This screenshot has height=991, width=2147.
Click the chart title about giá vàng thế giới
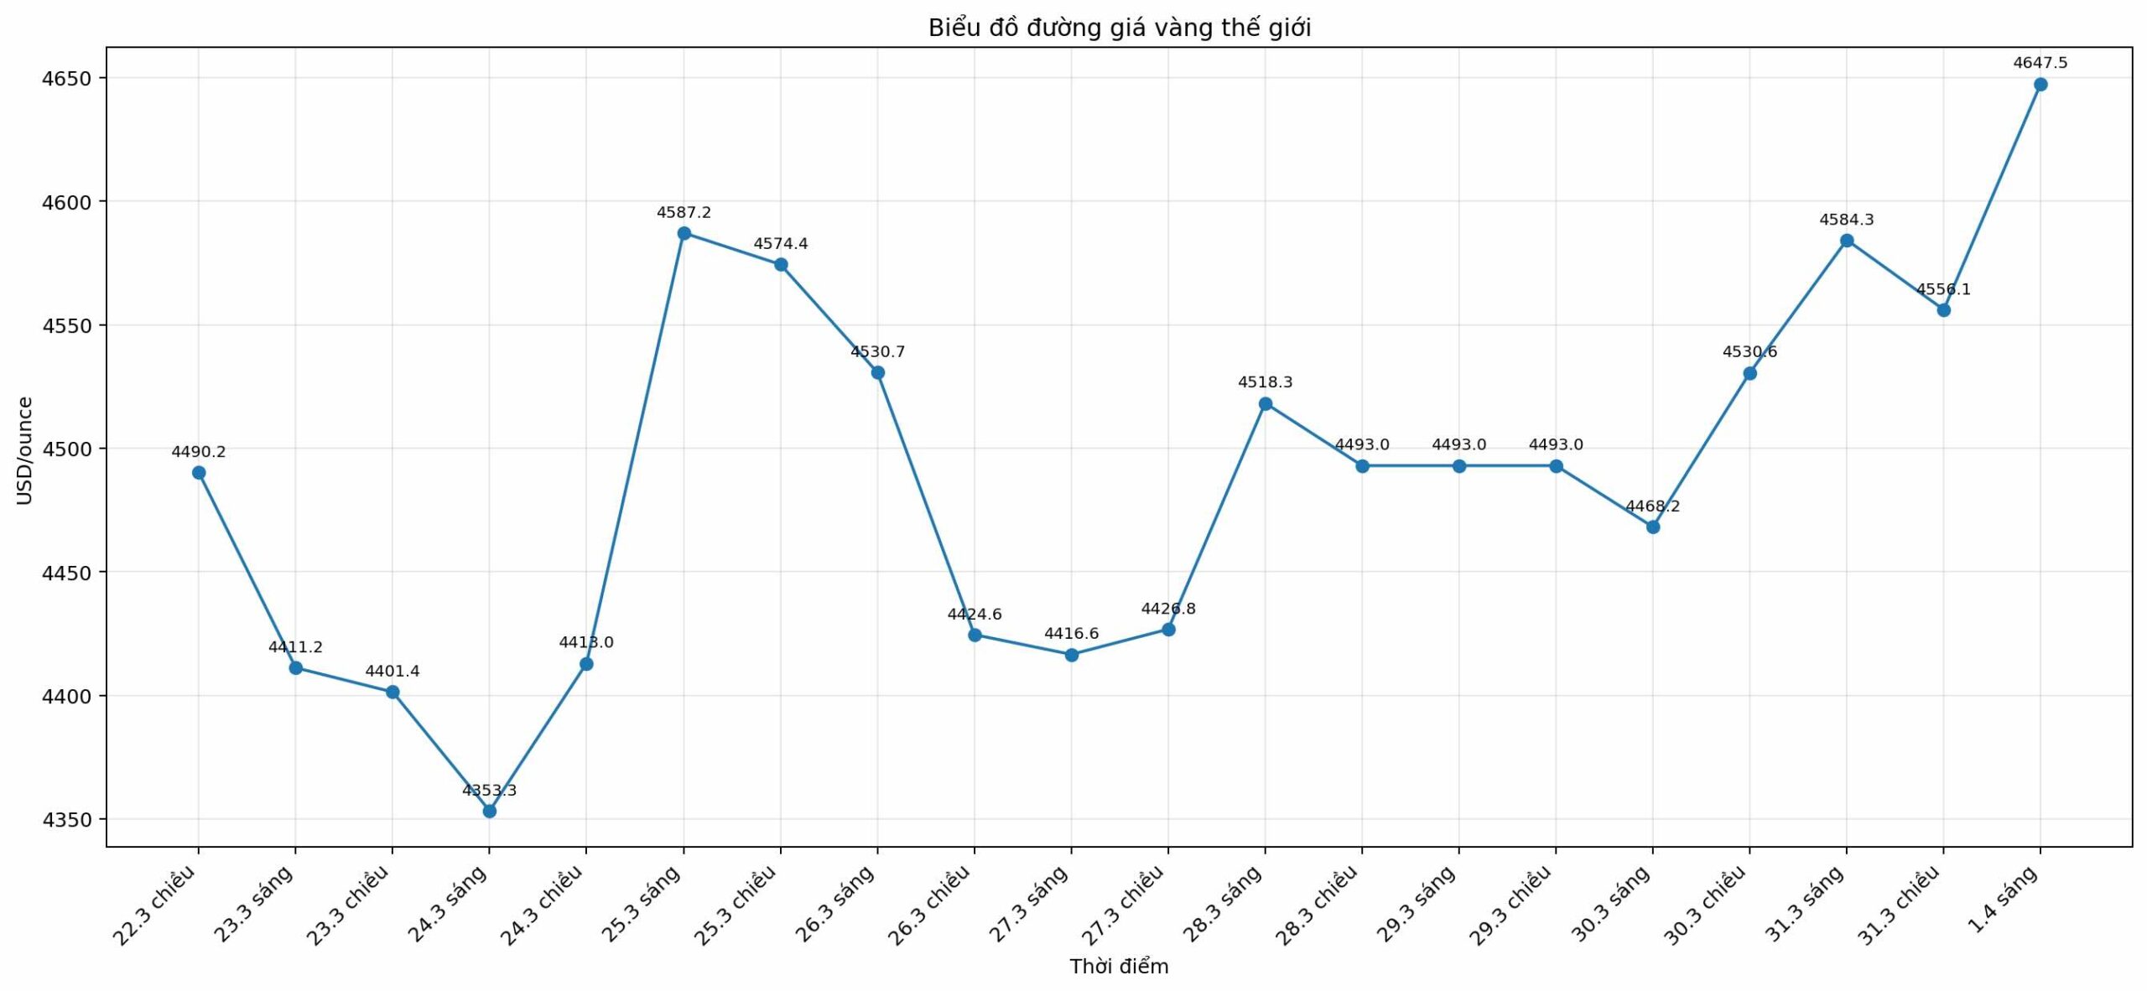(x=1119, y=29)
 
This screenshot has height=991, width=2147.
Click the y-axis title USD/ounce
(x=25, y=450)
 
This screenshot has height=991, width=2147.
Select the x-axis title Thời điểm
(x=1119, y=967)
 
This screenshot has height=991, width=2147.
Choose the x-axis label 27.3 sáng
(x=1029, y=903)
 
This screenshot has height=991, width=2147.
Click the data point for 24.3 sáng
(x=490, y=812)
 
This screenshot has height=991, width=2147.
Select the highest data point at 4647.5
(x=2040, y=85)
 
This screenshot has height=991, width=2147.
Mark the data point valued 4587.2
(x=684, y=233)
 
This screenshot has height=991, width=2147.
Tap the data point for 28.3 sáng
(x=1266, y=404)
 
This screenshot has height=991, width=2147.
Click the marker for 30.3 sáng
(x=1653, y=527)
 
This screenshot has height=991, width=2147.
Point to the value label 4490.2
(x=199, y=453)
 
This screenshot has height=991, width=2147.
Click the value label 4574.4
(x=781, y=244)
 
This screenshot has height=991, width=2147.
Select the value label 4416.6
(x=1071, y=634)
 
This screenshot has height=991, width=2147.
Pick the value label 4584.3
(x=1847, y=220)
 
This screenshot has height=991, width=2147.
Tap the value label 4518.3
(x=1266, y=382)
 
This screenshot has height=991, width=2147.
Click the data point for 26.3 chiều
(x=975, y=636)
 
